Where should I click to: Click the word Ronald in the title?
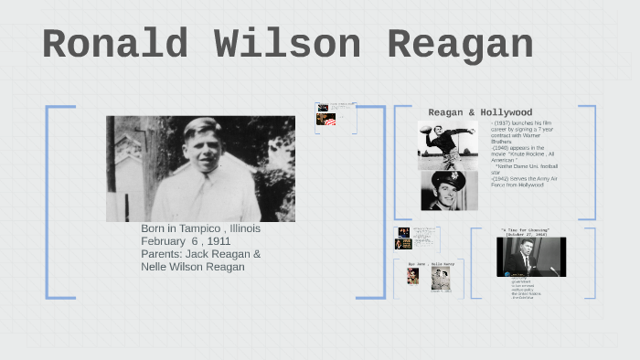[x=115, y=46]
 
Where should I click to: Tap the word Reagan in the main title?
[x=460, y=46]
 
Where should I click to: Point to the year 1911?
[x=219, y=241]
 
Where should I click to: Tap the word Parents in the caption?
[x=162, y=254]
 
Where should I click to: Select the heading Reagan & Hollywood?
[x=480, y=112]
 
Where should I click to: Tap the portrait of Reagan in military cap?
[x=449, y=190]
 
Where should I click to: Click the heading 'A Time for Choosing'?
[x=525, y=229]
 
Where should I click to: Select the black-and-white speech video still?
[x=530, y=257]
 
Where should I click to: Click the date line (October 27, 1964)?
[x=525, y=235]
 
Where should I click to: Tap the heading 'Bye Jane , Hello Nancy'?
[x=429, y=264]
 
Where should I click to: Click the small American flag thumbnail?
[x=326, y=120]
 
